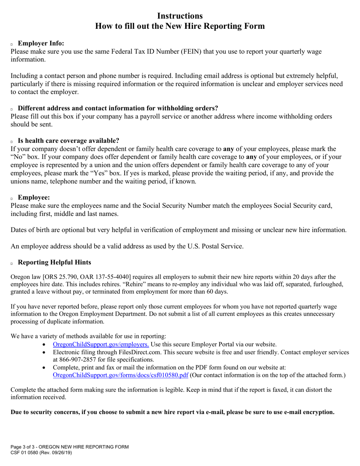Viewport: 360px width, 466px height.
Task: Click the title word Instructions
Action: (x=180, y=16)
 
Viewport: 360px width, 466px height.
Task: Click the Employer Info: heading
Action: (x=41, y=43)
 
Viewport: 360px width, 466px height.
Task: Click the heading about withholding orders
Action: (x=118, y=108)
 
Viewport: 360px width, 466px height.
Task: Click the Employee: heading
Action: (x=34, y=197)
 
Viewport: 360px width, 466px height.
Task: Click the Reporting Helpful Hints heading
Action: (x=55, y=262)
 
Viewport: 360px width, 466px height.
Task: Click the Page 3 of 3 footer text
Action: (x=27, y=447)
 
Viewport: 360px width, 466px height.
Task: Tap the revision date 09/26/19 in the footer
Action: (x=59, y=452)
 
